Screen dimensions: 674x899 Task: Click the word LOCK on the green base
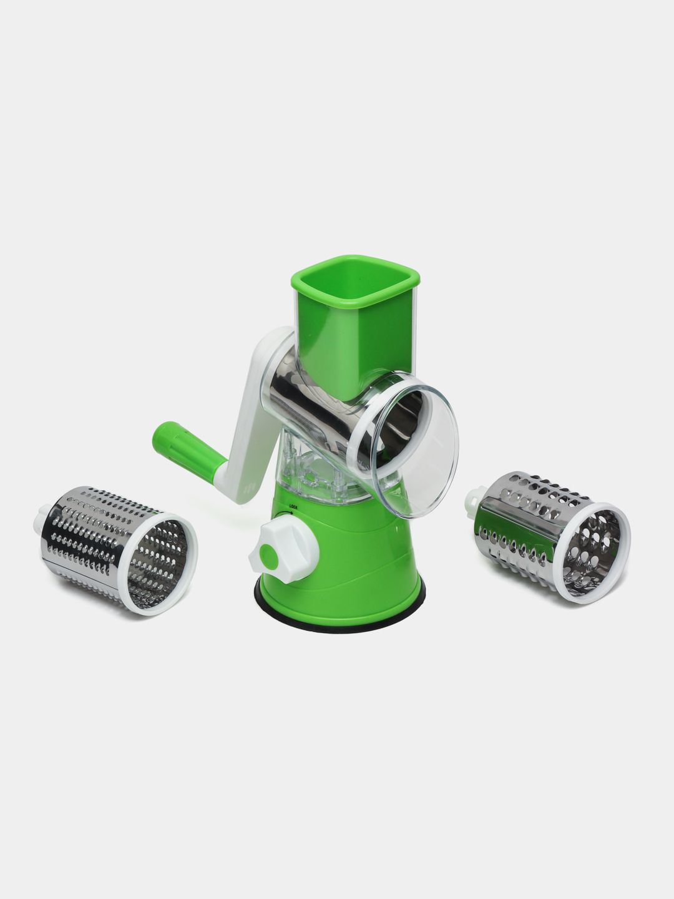pos(293,507)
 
